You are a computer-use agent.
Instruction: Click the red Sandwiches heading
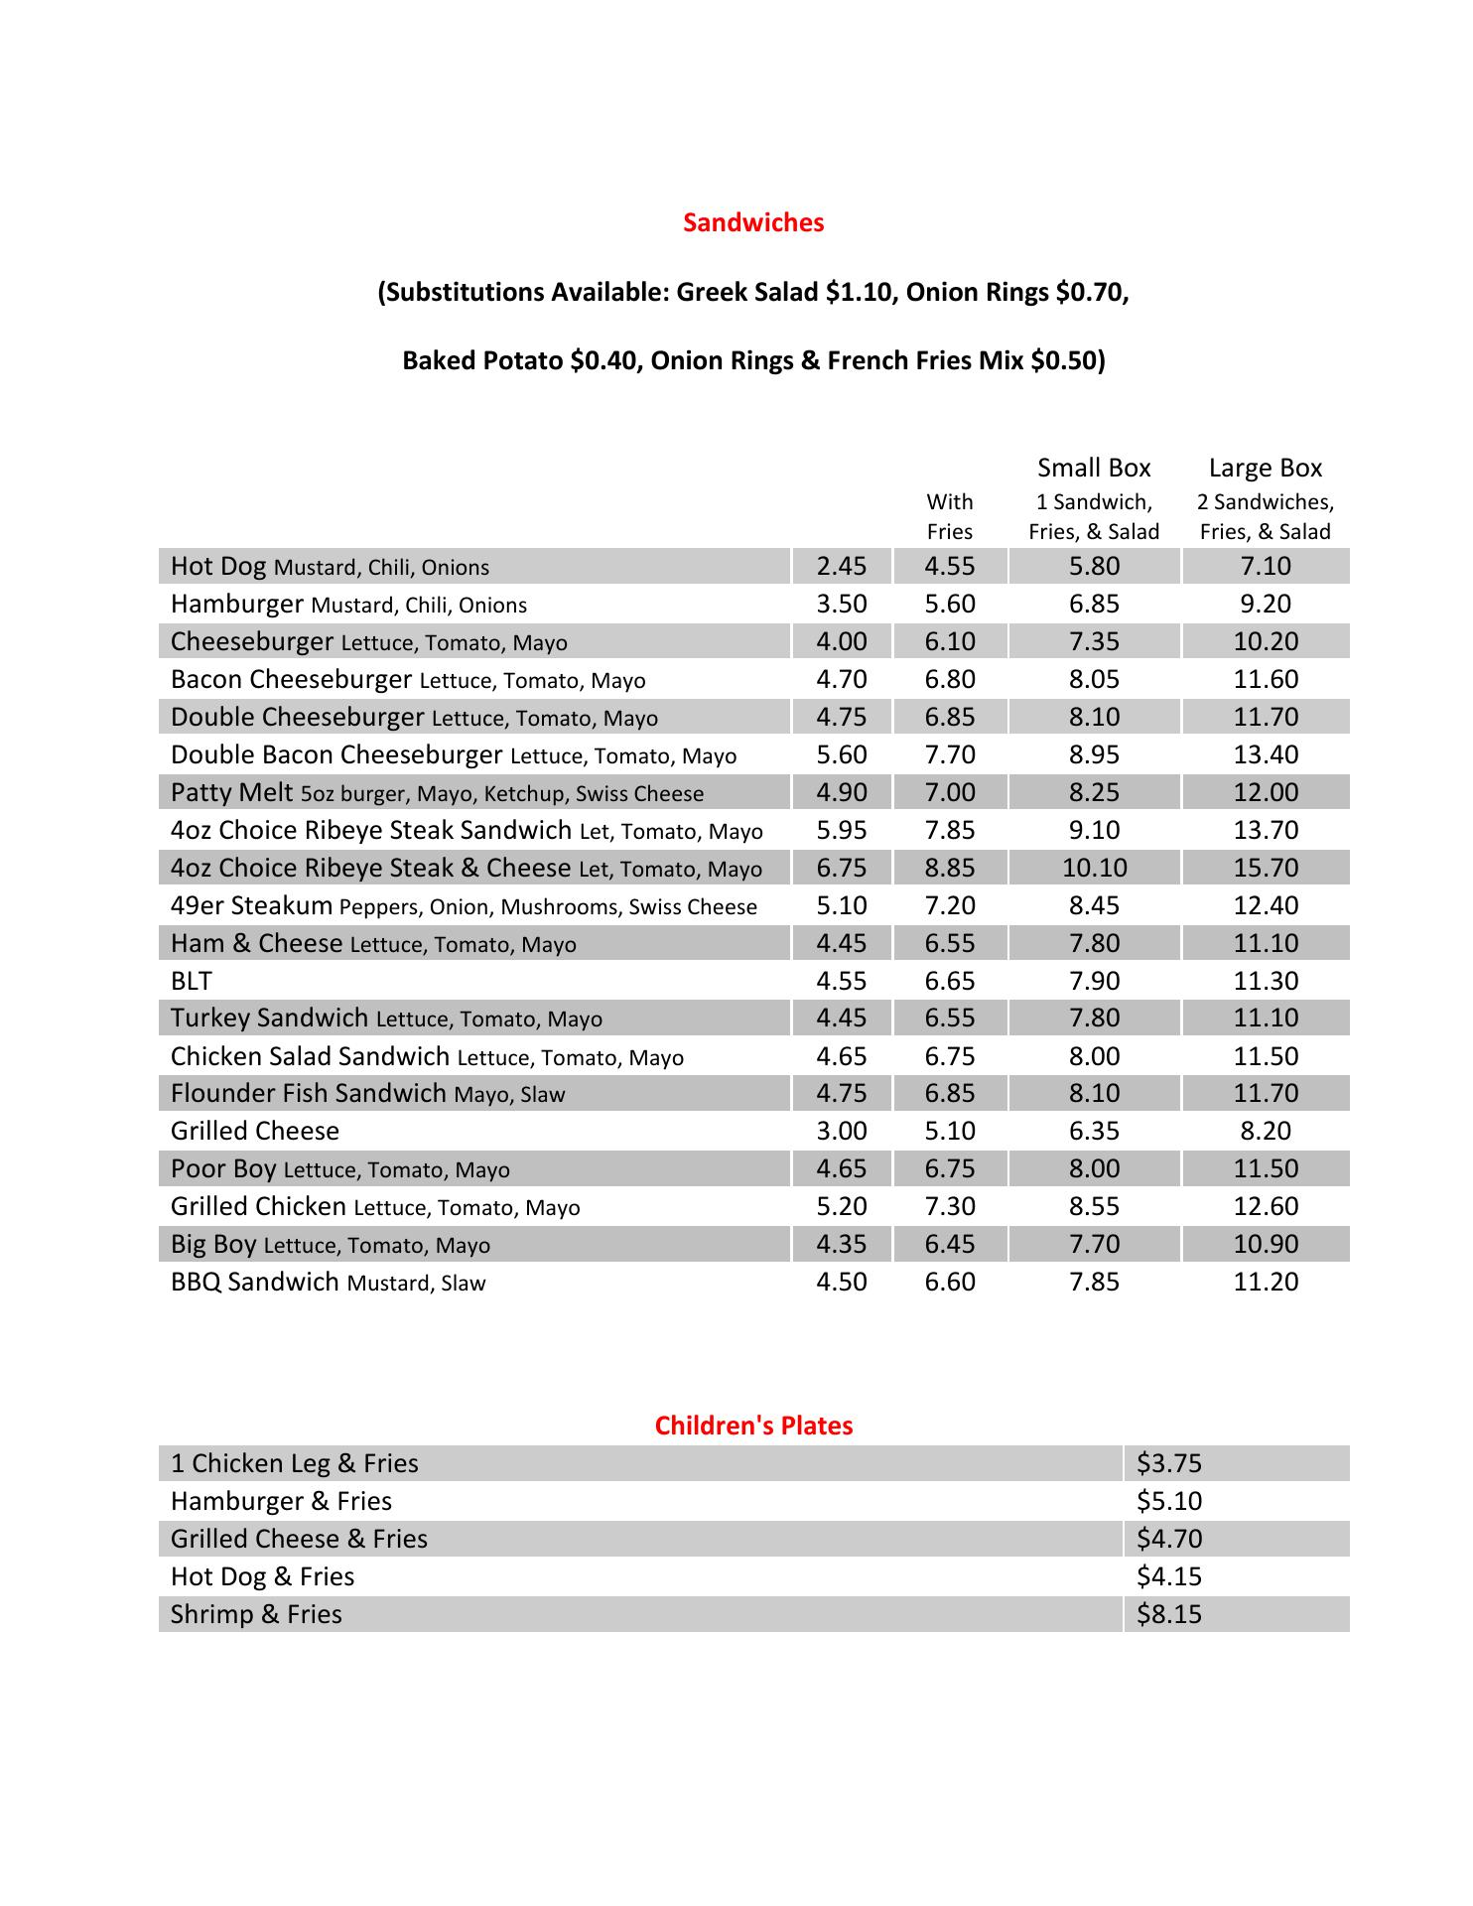pos(753,222)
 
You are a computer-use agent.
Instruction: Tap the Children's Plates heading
pos(753,1426)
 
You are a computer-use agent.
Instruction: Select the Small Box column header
pos(1094,468)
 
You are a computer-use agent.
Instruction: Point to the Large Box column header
pos(1265,468)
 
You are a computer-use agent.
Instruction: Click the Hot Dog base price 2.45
pos(841,566)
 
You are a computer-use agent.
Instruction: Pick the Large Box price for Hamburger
pos(1265,604)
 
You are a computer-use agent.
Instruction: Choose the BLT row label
pos(192,981)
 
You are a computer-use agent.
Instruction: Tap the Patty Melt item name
pos(231,792)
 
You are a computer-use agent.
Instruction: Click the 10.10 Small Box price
pos(1094,868)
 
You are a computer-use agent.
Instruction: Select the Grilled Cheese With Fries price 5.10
pos(949,1131)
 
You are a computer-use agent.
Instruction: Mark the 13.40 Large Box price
pos(1265,754)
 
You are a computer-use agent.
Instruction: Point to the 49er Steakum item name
pos(251,905)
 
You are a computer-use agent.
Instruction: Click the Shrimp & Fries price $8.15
pos(1169,1614)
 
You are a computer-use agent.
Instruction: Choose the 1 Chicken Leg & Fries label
pos(294,1463)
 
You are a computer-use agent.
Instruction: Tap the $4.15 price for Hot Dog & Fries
pos(1169,1576)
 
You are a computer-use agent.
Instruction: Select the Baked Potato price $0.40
pos(605,360)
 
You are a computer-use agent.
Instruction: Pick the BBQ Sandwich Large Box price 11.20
pos(1265,1282)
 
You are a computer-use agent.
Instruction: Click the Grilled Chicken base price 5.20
pos(841,1206)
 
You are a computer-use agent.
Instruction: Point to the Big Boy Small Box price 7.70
pos(1094,1244)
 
